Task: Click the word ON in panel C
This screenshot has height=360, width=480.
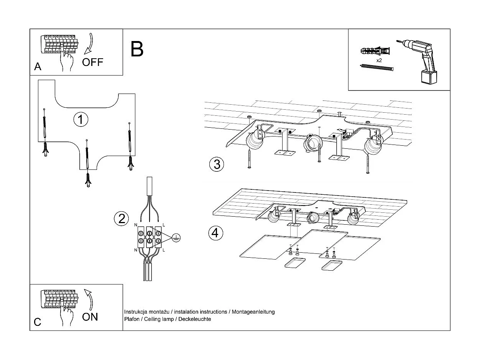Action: pos(90,317)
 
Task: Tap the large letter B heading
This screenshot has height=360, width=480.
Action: pos(137,49)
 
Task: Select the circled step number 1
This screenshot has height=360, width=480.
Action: pos(81,119)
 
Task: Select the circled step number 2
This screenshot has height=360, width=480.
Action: pos(122,219)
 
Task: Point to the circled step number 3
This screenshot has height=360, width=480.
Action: pos(217,164)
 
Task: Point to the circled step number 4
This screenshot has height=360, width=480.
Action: pos(215,232)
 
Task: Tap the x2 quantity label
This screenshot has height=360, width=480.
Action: pos(379,60)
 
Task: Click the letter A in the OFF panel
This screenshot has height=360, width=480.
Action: pos(38,67)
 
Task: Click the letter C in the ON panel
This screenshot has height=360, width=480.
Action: pos(37,322)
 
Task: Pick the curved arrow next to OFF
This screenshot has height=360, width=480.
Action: pos(89,43)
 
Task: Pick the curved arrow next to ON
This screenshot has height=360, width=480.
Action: pos(89,299)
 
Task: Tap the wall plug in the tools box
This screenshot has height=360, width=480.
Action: pos(376,51)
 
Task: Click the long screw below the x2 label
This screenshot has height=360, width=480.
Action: pos(376,68)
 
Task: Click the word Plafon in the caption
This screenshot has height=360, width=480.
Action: pos(132,319)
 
